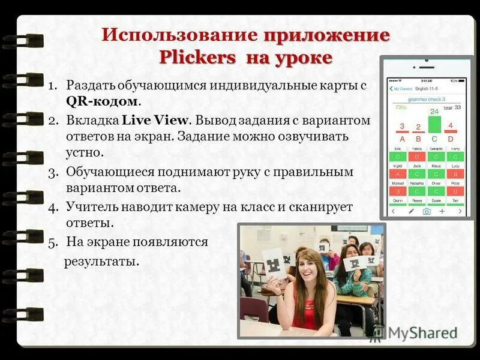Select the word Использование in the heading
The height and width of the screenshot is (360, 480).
pos(179,34)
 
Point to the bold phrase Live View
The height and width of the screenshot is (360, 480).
pos(148,120)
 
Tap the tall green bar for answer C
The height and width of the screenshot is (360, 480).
pos(434,124)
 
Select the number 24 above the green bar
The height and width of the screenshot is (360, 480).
pos(434,111)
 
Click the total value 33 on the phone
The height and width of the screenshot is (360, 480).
pos(457,107)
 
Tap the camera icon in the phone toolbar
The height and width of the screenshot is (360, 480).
pos(427,211)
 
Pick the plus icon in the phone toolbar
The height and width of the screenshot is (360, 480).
pos(442,211)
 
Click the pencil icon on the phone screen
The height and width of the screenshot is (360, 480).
pos(411,211)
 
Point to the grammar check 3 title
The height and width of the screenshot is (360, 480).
pos(426,98)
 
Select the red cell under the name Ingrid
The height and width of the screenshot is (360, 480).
pos(398,173)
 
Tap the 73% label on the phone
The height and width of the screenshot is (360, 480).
pos(400,107)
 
